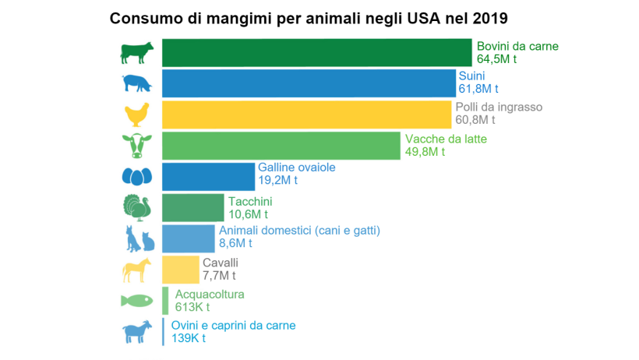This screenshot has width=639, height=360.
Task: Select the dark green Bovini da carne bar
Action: point(316,52)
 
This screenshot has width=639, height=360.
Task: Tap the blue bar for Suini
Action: point(309,83)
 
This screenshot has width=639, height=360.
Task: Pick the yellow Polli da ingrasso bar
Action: point(306,115)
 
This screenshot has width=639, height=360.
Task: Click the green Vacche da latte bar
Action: point(281,146)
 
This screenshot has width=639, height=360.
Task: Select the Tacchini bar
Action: point(192,208)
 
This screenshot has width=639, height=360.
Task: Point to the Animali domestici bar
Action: point(188,238)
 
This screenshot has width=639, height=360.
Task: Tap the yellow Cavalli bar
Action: point(181,270)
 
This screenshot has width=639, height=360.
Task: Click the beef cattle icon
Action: point(136,53)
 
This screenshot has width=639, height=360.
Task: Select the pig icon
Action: point(136,83)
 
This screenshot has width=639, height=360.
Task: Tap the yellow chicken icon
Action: point(136,115)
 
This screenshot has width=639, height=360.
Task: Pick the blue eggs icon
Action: point(136,177)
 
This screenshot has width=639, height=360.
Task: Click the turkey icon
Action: point(136,208)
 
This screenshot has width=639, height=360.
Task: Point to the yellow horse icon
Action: point(136,270)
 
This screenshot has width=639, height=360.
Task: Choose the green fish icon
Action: point(136,301)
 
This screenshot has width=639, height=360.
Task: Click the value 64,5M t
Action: point(497,59)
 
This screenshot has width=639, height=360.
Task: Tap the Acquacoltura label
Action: point(210,295)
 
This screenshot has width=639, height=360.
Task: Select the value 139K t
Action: point(189,338)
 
